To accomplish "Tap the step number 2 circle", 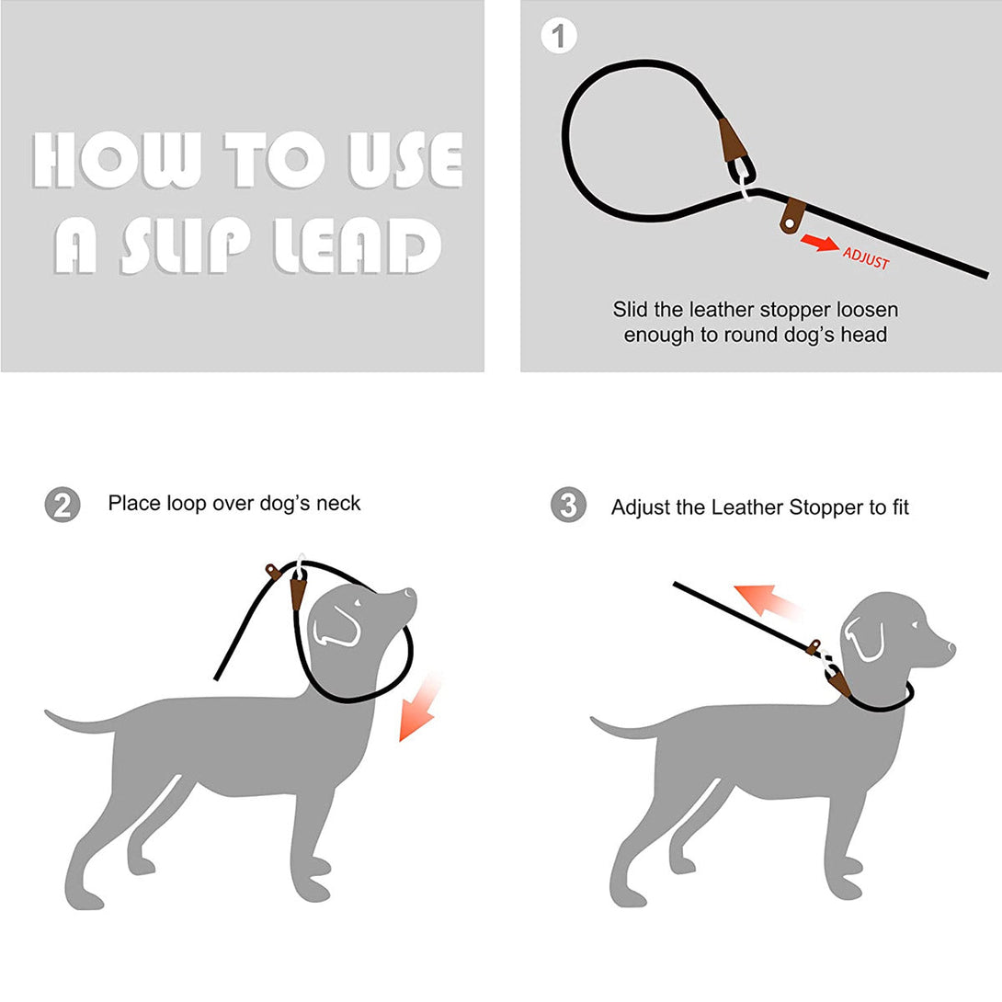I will coord(62,505).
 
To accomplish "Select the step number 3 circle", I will coord(568,506).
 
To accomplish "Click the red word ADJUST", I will coord(866,258).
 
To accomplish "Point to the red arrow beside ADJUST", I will coord(818,243).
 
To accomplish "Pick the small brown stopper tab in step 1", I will coord(791,218).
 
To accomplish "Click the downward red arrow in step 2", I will coord(418,708).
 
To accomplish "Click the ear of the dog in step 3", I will coord(863,638).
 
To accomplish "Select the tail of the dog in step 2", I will coord(78,722).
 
